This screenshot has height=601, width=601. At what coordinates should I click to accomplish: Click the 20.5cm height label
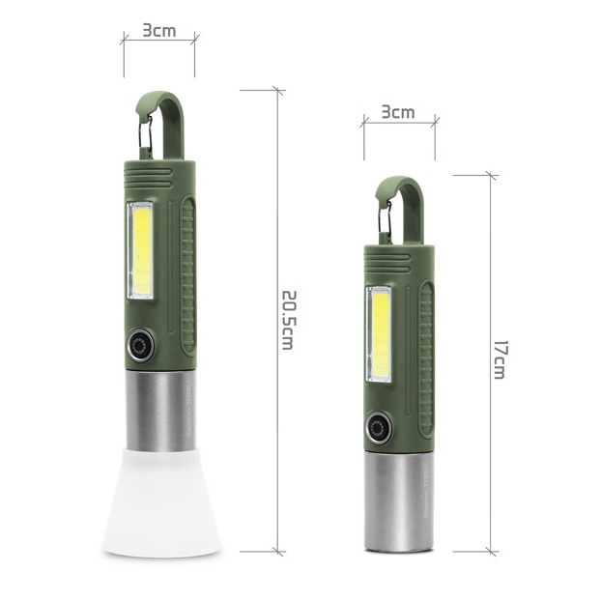(289, 321)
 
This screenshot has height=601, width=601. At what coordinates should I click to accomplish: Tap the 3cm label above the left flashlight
(159, 30)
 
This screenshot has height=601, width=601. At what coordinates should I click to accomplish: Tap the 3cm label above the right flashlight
(398, 112)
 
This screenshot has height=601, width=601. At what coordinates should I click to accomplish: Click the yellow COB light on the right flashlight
(380, 334)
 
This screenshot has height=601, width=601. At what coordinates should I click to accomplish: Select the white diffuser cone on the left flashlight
(161, 502)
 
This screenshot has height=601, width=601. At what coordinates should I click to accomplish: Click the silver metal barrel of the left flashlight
(160, 411)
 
